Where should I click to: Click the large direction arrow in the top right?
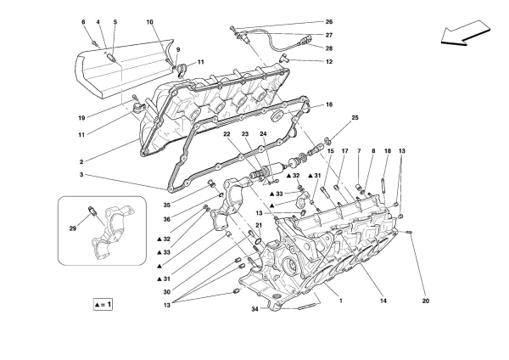click(466, 36)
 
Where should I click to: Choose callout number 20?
click(425, 298)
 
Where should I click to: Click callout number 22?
click(228, 136)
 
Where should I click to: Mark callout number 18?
click(387, 151)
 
